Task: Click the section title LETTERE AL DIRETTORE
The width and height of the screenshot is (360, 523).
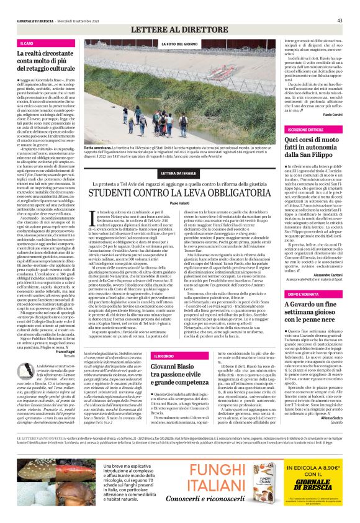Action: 179,30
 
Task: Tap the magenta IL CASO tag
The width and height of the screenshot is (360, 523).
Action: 28,43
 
